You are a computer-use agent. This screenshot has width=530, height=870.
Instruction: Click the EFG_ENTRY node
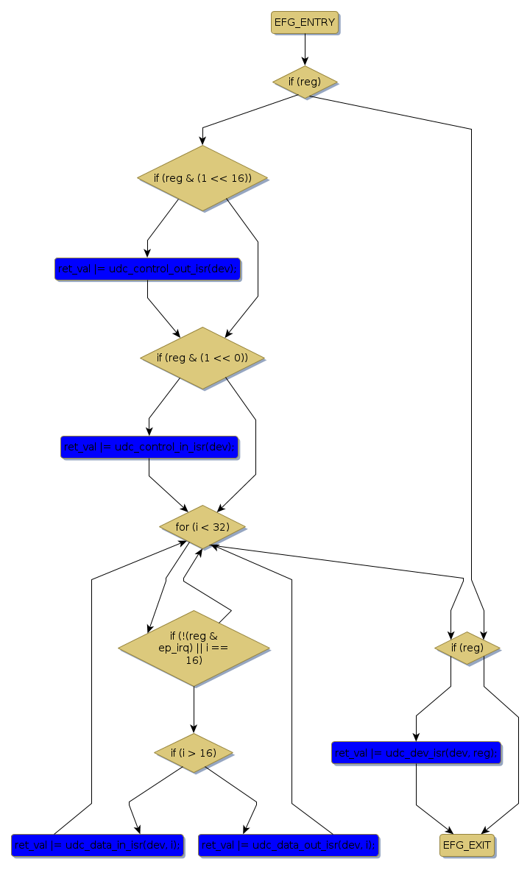coord(305,23)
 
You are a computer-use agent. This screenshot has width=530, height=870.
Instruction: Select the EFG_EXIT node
coord(467,845)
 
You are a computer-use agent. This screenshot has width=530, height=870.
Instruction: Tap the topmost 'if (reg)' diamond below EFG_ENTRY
coord(305,82)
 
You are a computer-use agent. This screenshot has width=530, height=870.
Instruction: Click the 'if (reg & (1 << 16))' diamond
coord(202,178)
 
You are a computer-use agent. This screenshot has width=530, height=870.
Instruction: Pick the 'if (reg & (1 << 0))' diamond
coord(202,358)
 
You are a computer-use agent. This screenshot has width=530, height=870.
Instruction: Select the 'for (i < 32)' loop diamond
coord(202,526)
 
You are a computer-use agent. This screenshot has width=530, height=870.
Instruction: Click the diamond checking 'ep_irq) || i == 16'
coord(194,648)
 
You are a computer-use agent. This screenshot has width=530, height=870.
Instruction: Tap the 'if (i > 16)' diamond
coord(194,752)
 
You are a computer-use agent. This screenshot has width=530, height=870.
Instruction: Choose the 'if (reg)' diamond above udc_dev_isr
coord(467,648)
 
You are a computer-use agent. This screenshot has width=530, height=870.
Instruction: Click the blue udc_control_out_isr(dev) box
coord(147,269)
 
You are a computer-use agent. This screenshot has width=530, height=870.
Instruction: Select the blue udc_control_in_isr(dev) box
coord(149,447)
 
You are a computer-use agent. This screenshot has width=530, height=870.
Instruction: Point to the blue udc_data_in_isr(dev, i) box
coord(96,846)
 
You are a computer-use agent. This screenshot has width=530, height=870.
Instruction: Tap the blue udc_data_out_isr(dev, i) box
coord(289,846)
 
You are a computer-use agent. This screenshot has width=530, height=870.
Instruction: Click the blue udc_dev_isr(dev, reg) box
coord(417,752)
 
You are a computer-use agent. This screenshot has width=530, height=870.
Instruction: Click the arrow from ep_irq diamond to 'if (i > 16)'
coord(194,710)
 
